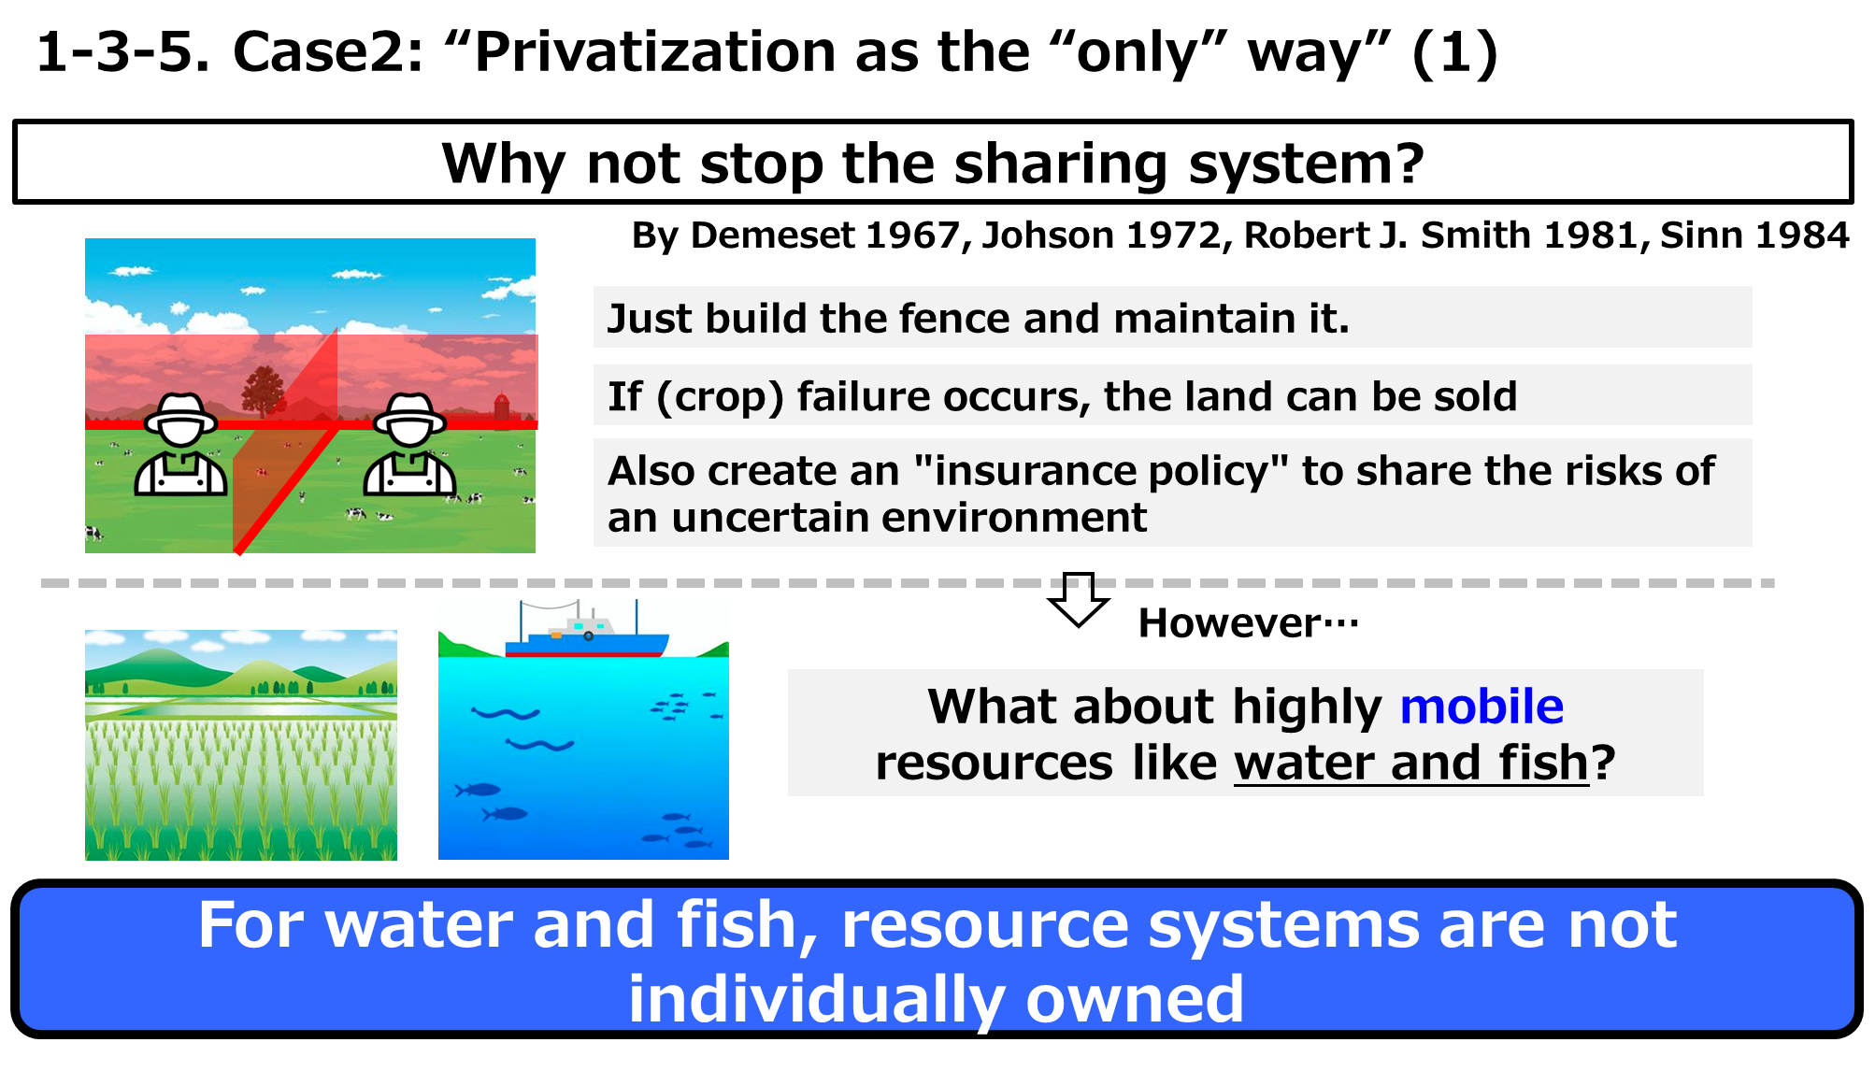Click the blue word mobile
[x=1481, y=707]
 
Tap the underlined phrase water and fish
[x=1411, y=763]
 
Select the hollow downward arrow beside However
[x=1079, y=600]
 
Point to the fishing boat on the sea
[x=587, y=631]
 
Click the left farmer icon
[x=181, y=445]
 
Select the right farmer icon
[x=409, y=445]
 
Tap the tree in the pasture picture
[x=265, y=391]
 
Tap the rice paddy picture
[x=241, y=745]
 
